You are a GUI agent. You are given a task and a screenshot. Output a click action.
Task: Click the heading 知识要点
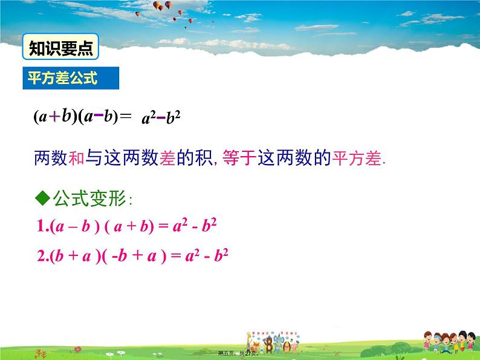click(x=60, y=48)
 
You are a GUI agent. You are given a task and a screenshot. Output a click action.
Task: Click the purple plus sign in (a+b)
click(x=54, y=117)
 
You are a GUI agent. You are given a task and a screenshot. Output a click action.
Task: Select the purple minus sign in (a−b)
click(x=96, y=116)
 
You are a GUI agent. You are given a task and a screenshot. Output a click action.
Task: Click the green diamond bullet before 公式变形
click(x=42, y=197)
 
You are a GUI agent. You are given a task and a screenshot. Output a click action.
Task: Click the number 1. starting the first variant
click(x=44, y=227)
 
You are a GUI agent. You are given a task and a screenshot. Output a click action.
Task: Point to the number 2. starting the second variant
click(x=44, y=256)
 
